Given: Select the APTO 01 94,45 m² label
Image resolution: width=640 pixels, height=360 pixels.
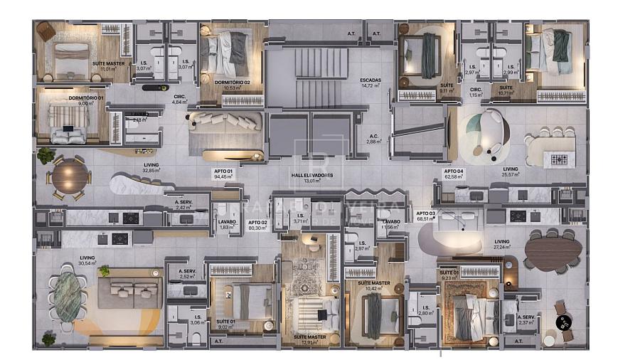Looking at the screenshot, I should (x=224, y=175).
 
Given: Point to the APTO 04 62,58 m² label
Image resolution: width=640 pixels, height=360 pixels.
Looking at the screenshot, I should (x=454, y=175).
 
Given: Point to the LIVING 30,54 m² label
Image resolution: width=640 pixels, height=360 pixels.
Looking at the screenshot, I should (x=87, y=260).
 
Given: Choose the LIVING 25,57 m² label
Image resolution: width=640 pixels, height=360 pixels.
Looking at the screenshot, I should (x=511, y=171).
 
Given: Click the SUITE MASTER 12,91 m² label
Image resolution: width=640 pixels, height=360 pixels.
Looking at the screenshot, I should (x=310, y=339).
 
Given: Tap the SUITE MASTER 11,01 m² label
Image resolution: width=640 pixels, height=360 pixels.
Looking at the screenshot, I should (x=107, y=66).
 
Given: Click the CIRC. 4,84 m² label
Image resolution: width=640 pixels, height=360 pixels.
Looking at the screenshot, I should (x=179, y=99).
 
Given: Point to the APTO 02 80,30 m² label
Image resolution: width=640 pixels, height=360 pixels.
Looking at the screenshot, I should (x=257, y=225).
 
